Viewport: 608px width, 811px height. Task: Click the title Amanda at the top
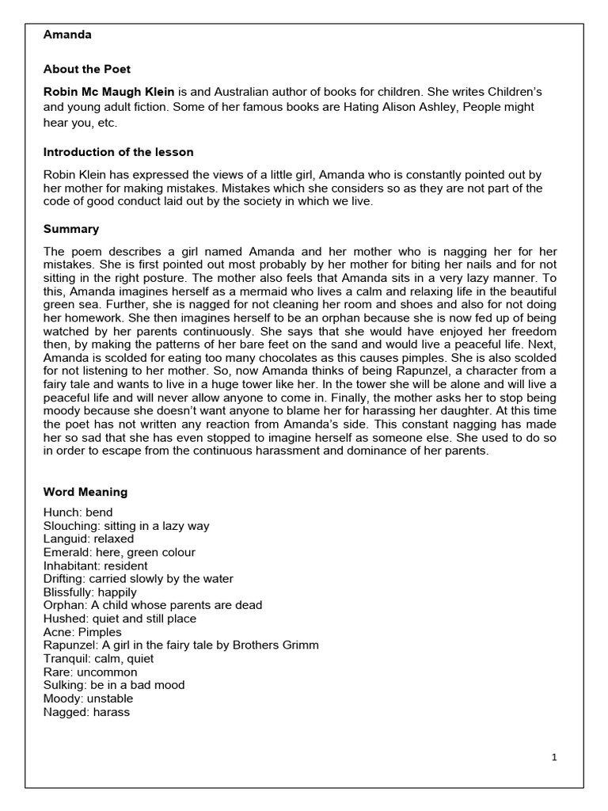pyautogui.click(x=67, y=35)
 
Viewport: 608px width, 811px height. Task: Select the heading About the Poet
pyautogui.click(x=87, y=69)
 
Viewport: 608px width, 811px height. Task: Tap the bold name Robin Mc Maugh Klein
pyautogui.click(x=108, y=93)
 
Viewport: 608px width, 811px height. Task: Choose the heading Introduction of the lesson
pyautogui.click(x=118, y=152)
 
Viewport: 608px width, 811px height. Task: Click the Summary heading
pyautogui.click(x=71, y=229)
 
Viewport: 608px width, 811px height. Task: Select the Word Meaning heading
pyautogui.click(x=85, y=492)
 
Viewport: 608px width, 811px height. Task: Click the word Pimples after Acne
pyautogui.click(x=100, y=632)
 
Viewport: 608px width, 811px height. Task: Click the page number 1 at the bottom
pyautogui.click(x=554, y=758)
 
